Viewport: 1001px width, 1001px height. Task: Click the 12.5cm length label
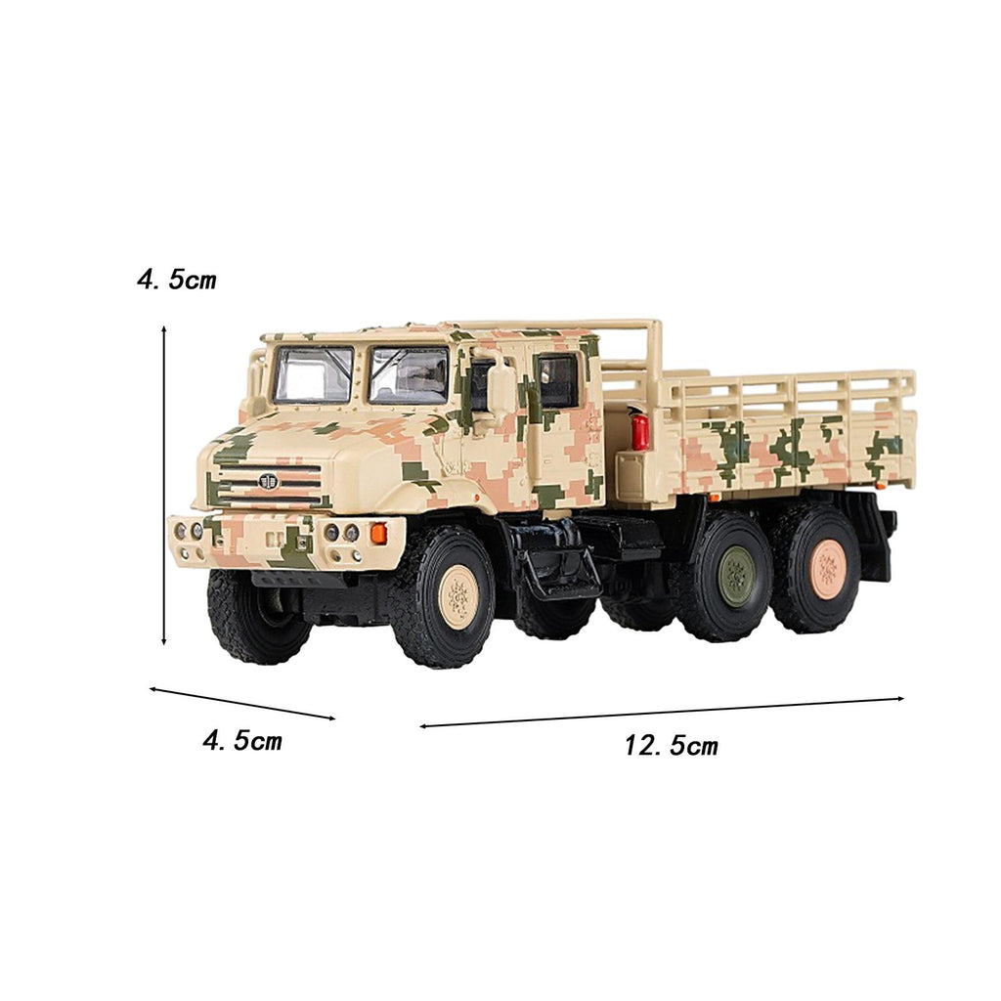pyautogui.click(x=671, y=745)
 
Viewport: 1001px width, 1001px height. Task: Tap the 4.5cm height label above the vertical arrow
pyautogui.click(x=177, y=280)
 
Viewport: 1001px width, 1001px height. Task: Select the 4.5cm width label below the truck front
pyautogui.click(x=242, y=741)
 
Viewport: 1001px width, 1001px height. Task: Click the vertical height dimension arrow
pyautogui.click(x=164, y=485)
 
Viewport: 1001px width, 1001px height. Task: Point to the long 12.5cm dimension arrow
pyautogui.click(x=662, y=712)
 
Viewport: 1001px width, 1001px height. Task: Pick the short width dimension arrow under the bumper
pyautogui.click(x=242, y=703)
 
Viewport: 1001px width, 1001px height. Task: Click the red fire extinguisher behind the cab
pyautogui.click(x=639, y=430)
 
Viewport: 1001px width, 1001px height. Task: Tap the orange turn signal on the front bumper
pyautogui.click(x=378, y=533)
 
